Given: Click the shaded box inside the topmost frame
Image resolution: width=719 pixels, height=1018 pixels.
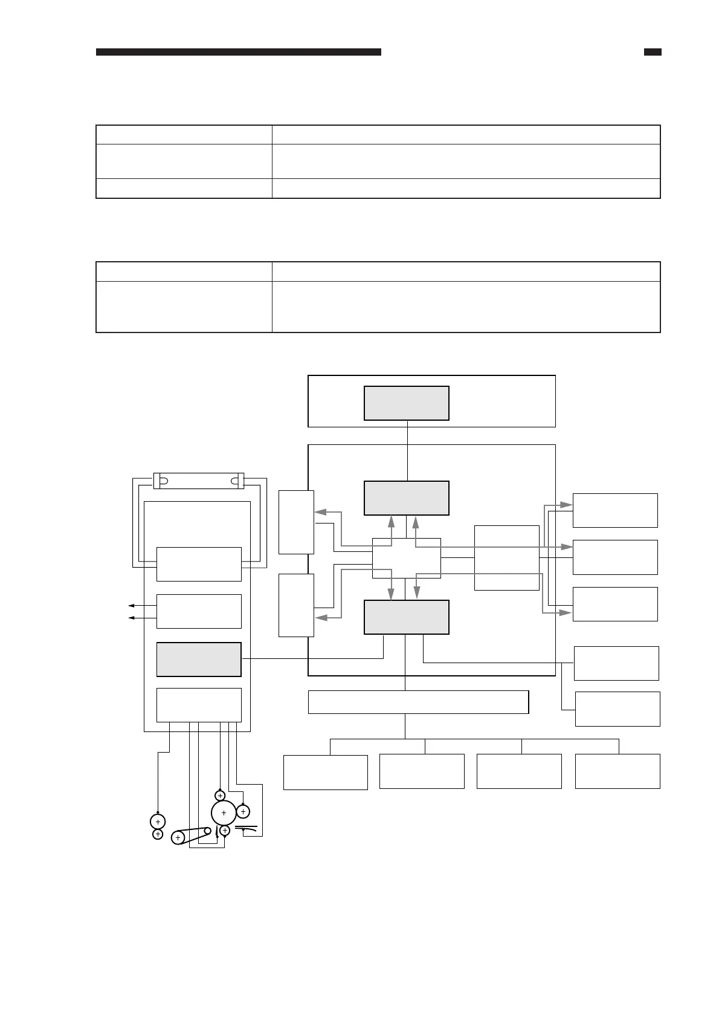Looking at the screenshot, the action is (x=406, y=403).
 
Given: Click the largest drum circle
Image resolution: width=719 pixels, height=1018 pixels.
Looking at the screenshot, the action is (x=224, y=813).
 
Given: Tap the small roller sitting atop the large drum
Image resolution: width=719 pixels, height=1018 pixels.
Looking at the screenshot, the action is (x=220, y=796).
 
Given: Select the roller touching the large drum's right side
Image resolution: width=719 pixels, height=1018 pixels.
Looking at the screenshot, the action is (x=243, y=811).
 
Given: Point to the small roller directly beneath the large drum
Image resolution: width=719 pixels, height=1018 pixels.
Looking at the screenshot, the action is (x=225, y=831).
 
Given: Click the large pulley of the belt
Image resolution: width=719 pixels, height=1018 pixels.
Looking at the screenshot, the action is (x=178, y=838).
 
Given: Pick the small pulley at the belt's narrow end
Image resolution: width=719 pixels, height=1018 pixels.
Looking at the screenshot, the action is (x=208, y=831).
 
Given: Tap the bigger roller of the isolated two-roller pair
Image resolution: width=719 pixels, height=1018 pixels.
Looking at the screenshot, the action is (x=158, y=822).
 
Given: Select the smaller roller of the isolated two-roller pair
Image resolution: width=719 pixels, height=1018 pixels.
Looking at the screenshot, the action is (x=158, y=834).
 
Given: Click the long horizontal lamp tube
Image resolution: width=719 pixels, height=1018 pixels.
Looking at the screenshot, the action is (x=199, y=481).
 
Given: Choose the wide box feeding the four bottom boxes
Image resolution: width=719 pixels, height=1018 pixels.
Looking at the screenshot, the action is (x=418, y=702).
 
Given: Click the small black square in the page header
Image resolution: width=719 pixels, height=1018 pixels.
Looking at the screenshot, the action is (x=653, y=53).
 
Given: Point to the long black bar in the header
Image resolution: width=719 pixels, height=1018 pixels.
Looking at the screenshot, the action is (x=239, y=53).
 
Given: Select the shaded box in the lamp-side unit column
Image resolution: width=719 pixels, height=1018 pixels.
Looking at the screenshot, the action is (x=199, y=660).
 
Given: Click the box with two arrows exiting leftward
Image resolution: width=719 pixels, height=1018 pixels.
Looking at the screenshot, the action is (x=199, y=611).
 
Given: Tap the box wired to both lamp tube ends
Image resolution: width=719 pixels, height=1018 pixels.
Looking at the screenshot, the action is (x=199, y=564).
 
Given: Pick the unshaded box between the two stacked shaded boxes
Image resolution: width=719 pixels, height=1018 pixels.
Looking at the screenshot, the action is (x=406, y=557).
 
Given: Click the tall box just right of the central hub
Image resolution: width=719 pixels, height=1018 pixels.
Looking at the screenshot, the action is (x=507, y=557).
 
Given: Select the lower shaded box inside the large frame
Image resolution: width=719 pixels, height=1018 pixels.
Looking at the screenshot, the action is (x=406, y=617).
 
